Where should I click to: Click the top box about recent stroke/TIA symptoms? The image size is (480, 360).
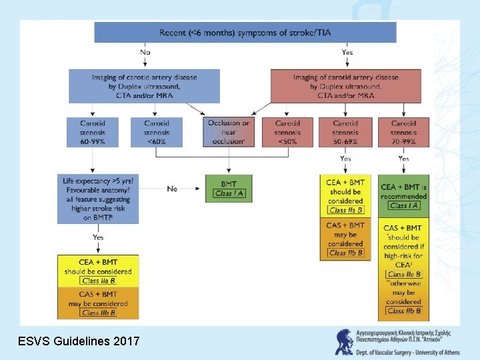pyautogui.click(x=245, y=32)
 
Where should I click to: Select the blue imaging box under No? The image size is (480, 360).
pyautogui.click(x=144, y=86)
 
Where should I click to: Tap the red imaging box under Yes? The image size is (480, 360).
pyautogui.click(x=345, y=86)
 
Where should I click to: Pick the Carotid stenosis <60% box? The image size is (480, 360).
pyautogui.click(x=157, y=132)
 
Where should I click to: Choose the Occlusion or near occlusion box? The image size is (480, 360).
pyautogui.click(x=229, y=132)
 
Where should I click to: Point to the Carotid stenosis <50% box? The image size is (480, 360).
pyautogui.click(x=288, y=132)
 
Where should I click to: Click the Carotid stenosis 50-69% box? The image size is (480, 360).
pyautogui.click(x=345, y=132)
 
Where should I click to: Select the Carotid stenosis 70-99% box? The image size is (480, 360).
pyautogui.click(x=403, y=132)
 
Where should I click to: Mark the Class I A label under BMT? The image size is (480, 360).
pyautogui.click(x=229, y=194)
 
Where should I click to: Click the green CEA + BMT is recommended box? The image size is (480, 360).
pyautogui.click(x=403, y=196)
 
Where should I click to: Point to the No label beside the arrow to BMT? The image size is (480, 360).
pyautogui.click(x=172, y=189)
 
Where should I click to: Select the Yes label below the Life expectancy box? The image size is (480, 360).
pyautogui.click(x=98, y=237)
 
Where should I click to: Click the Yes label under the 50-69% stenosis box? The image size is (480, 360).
pyautogui.click(x=345, y=159)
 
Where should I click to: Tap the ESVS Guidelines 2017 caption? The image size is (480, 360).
pyautogui.click(x=78, y=341)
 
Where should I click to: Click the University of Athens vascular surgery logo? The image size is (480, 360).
pyautogui.click(x=345, y=341)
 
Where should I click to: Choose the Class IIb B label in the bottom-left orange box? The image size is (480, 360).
pyautogui.click(x=99, y=312)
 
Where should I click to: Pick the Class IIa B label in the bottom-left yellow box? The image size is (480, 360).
pyautogui.click(x=99, y=281)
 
